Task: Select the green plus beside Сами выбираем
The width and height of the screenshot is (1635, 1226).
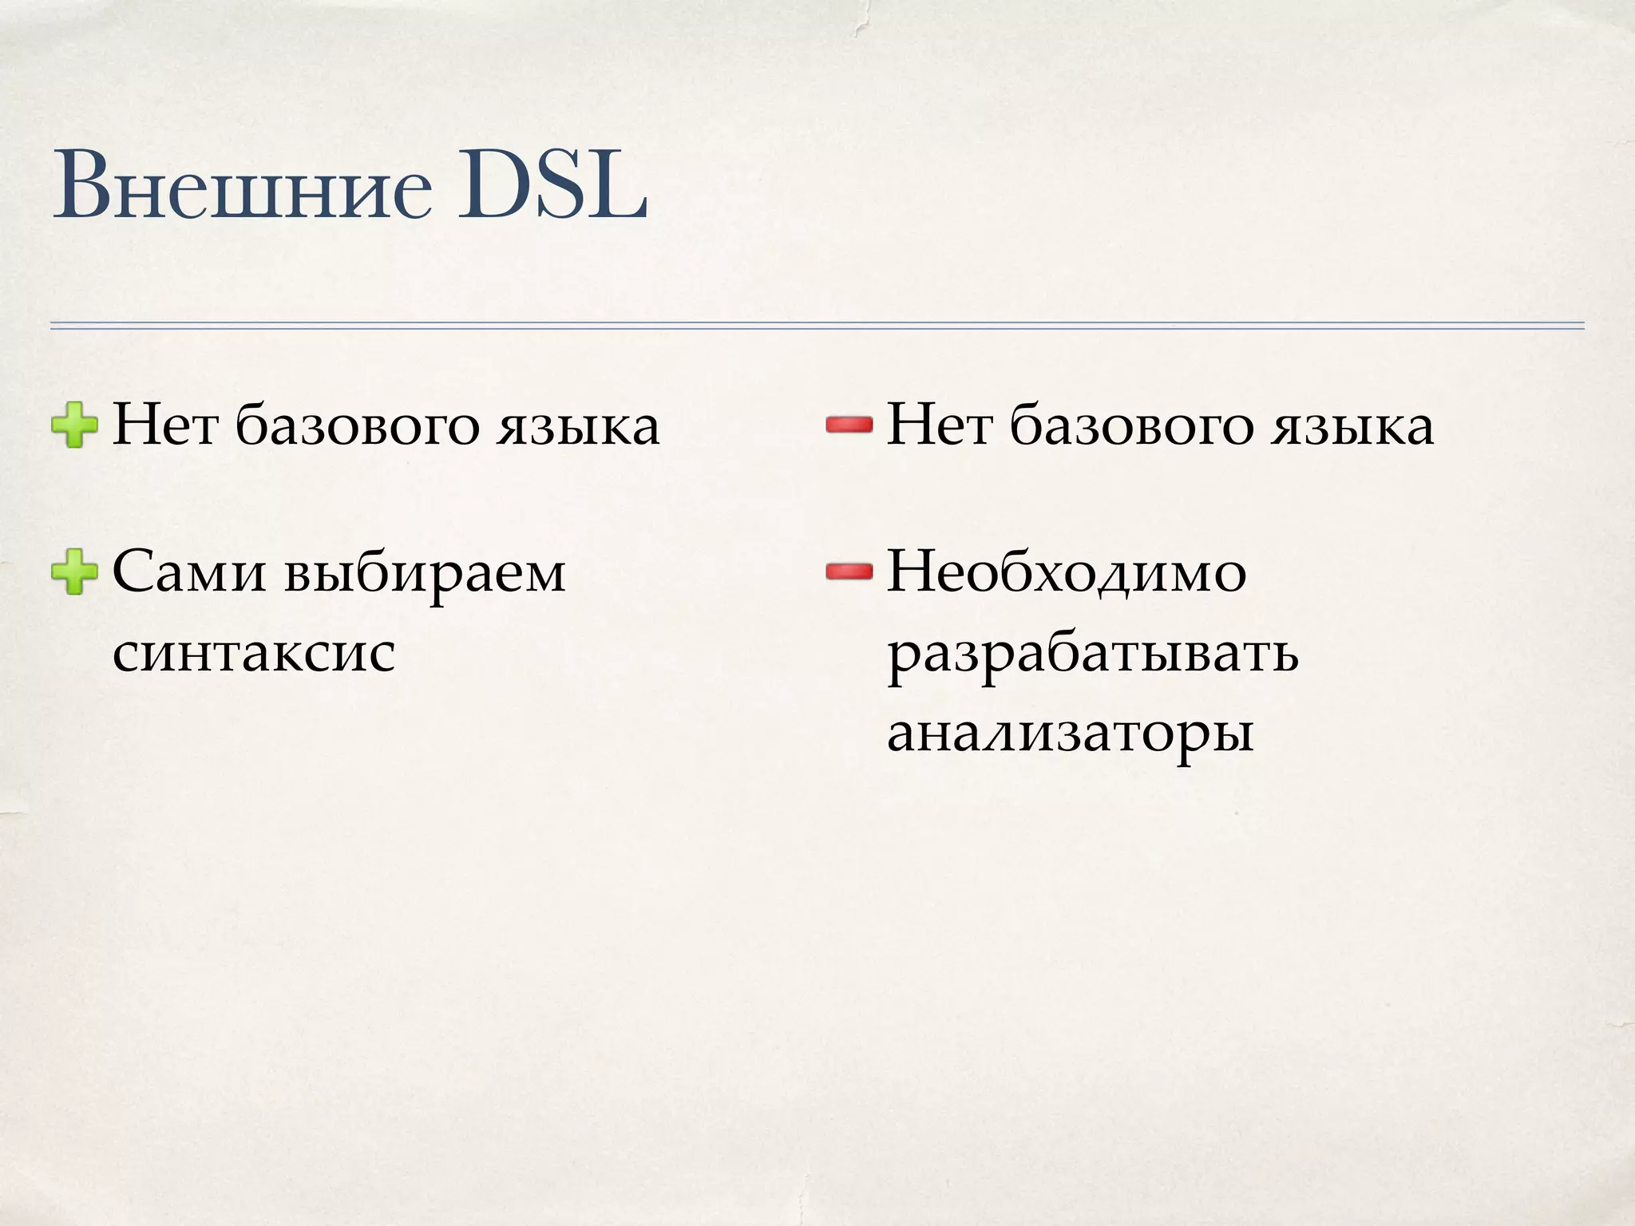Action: [74, 571]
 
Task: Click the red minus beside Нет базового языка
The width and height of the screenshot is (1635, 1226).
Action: [849, 426]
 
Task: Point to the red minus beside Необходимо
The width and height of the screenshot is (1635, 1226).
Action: [849, 571]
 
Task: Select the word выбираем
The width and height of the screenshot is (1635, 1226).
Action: [424, 573]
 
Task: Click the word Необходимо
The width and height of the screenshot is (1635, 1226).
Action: [1067, 573]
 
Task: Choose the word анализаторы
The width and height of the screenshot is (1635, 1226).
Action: [1070, 733]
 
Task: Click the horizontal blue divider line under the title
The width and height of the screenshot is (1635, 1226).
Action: [817, 325]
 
